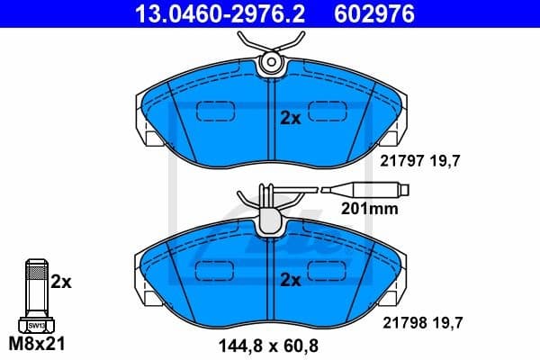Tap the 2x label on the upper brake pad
point(290,118)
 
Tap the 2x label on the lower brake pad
point(290,280)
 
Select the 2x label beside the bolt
point(60,282)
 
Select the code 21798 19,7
point(415,324)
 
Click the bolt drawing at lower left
point(35,297)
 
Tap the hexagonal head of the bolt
point(35,324)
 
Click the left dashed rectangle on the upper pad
point(214,111)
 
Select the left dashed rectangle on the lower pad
point(214,271)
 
